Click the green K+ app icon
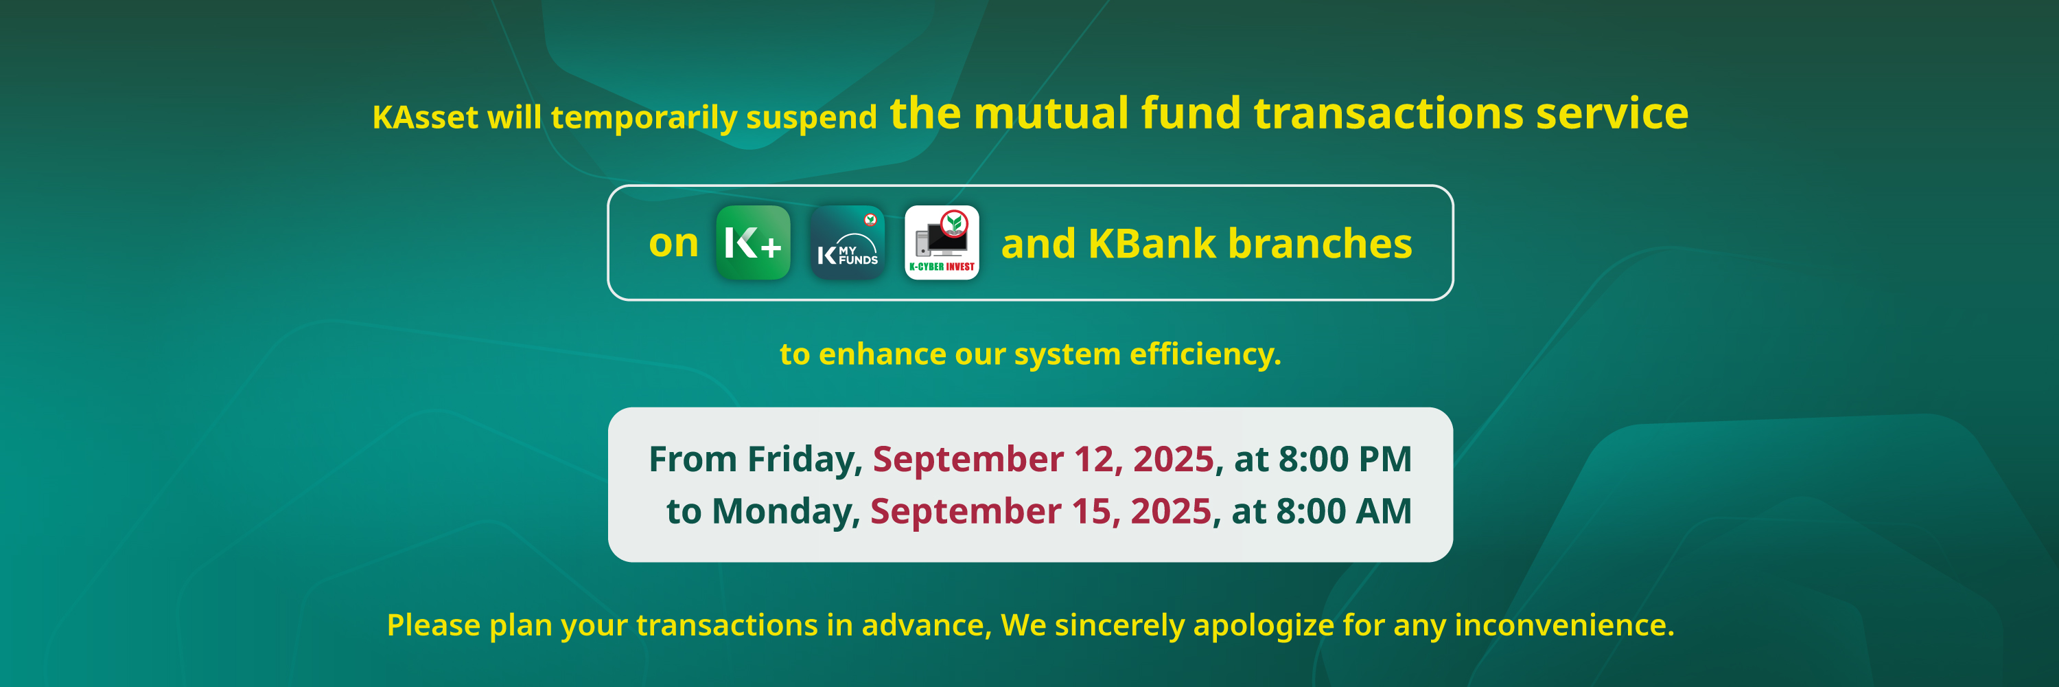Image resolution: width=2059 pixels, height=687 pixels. (x=753, y=243)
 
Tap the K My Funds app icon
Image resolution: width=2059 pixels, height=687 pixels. (x=847, y=243)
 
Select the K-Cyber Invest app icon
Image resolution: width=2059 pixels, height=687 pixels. (x=942, y=243)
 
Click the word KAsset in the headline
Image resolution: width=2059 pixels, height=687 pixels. (x=426, y=117)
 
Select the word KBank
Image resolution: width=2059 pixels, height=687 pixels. (x=1152, y=243)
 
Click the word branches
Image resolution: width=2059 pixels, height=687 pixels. (x=1320, y=243)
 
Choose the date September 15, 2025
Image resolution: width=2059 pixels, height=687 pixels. (x=1040, y=512)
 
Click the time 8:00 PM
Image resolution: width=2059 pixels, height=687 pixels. (x=1345, y=459)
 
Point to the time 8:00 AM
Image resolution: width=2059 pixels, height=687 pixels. (x=1344, y=511)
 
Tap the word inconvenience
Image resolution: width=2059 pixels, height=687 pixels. (x=1564, y=624)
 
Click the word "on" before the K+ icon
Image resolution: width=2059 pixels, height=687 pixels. (x=674, y=244)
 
